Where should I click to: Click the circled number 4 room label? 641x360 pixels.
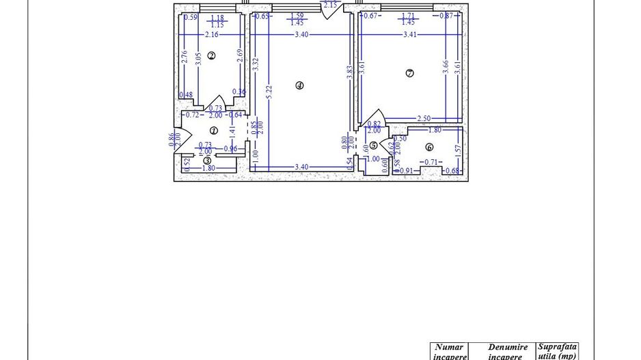(x=299, y=85)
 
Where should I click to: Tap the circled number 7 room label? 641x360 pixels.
(x=409, y=73)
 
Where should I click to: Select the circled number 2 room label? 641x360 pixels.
(x=211, y=56)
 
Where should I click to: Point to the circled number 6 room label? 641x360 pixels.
(x=429, y=147)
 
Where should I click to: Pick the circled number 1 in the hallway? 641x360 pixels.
(x=213, y=130)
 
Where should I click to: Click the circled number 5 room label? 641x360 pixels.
(x=373, y=145)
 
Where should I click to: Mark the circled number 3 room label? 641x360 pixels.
(x=207, y=161)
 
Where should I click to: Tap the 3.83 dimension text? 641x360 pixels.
(x=349, y=73)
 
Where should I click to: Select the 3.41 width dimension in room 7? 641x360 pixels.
(x=410, y=34)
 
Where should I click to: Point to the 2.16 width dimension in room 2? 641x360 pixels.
(x=211, y=34)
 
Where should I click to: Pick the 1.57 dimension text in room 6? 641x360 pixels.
(x=458, y=148)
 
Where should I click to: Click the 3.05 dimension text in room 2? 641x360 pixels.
(x=197, y=58)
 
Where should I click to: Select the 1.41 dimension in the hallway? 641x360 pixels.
(x=232, y=129)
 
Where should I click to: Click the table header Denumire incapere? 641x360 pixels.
(x=508, y=352)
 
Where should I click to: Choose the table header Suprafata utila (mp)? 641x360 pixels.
(x=557, y=351)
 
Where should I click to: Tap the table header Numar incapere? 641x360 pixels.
(x=450, y=352)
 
